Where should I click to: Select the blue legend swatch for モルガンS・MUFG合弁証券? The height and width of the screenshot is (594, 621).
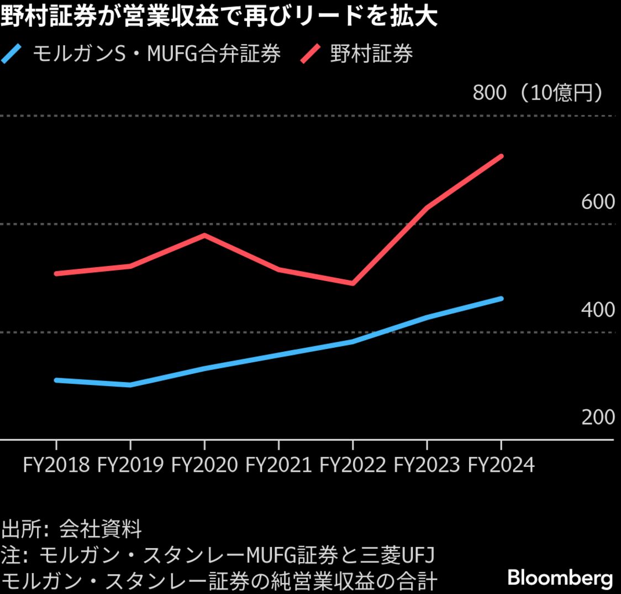(x=12, y=54)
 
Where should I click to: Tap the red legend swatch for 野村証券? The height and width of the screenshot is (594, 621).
(x=311, y=54)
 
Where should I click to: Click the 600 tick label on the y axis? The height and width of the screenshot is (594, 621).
(x=598, y=202)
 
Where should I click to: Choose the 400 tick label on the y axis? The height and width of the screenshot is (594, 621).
(x=598, y=310)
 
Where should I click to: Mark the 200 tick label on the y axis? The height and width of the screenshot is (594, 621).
(x=598, y=417)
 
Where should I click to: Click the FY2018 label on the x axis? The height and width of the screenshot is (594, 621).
(x=56, y=465)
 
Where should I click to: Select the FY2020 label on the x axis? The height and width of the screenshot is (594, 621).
(x=204, y=465)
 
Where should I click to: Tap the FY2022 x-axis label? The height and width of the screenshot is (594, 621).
(x=352, y=465)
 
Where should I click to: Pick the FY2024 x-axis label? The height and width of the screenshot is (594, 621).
(x=501, y=465)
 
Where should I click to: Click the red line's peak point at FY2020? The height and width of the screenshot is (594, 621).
(x=204, y=236)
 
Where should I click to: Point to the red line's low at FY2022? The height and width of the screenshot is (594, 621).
(x=352, y=283)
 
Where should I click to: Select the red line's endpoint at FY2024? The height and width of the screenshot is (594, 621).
(x=501, y=157)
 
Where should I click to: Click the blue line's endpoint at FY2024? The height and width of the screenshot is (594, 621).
(x=501, y=299)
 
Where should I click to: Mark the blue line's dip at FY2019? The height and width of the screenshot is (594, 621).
(x=130, y=385)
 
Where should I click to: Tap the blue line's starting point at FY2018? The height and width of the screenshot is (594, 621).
(x=56, y=380)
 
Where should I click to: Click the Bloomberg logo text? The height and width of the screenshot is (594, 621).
(x=560, y=578)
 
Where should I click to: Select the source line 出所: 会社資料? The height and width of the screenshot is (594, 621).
(x=72, y=529)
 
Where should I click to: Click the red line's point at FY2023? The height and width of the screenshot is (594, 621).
(x=427, y=208)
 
